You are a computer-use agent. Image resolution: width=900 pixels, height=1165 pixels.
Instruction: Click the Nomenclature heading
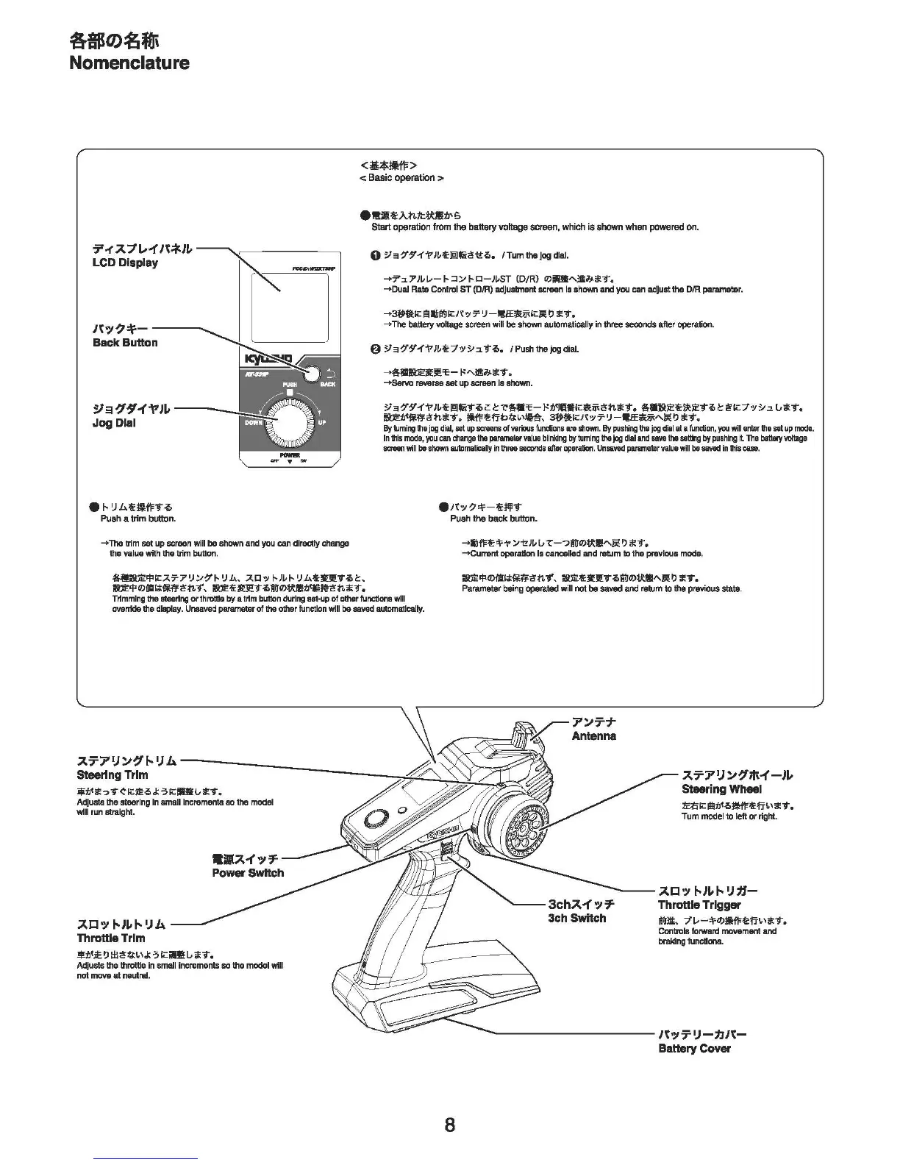pyautogui.click(x=129, y=63)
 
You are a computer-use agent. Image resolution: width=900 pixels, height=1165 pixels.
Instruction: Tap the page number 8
pyautogui.click(x=449, y=1125)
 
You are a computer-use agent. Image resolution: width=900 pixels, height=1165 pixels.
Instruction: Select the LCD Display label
pyautogui.click(x=125, y=263)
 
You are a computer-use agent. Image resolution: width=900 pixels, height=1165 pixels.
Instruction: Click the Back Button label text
pyautogui.click(x=125, y=343)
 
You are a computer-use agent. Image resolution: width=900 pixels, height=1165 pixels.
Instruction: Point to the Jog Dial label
pyautogui.click(x=114, y=423)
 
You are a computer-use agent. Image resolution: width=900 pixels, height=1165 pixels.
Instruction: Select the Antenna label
pyautogui.click(x=594, y=736)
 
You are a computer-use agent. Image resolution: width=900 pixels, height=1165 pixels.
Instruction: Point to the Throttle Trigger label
pyautogui.click(x=699, y=905)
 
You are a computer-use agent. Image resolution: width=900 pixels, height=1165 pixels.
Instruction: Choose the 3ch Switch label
pyautogui.click(x=577, y=918)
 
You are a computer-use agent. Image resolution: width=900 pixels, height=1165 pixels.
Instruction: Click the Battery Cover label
pyautogui.click(x=695, y=1048)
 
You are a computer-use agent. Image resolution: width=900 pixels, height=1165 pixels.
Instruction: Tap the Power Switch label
pyautogui.click(x=248, y=873)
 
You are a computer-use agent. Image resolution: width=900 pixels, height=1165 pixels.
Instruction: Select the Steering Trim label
pyautogui.click(x=113, y=775)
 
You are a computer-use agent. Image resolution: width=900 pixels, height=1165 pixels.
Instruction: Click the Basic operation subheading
pyautogui.click(x=401, y=178)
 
